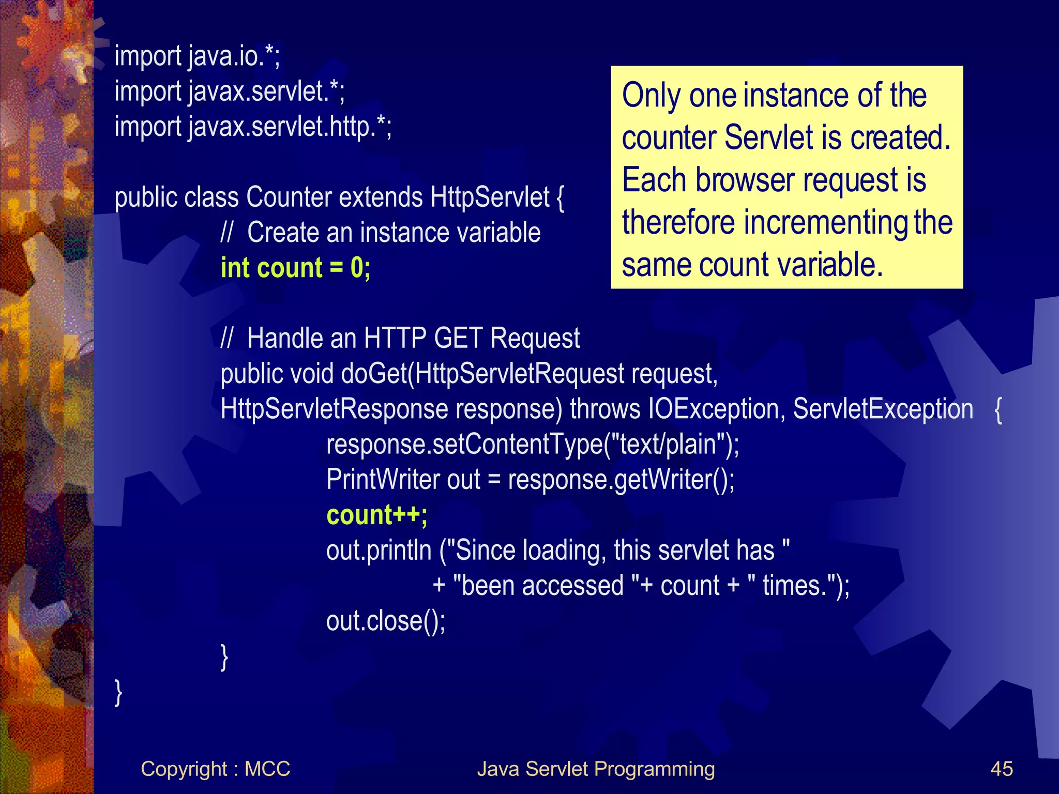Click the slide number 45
click(x=1002, y=769)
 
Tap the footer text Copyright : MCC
click(x=215, y=769)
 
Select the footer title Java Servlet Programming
click(x=596, y=769)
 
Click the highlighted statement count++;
click(x=377, y=515)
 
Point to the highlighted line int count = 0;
click(x=295, y=268)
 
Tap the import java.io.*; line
click(x=197, y=56)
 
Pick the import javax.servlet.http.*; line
click(x=253, y=127)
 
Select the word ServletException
click(x=883, y=409)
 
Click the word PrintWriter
click(x=383, y=480)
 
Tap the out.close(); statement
click(x=385, y=621)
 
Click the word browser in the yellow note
click(x=745, y=180)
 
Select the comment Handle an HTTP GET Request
click(x=413, y=339)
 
